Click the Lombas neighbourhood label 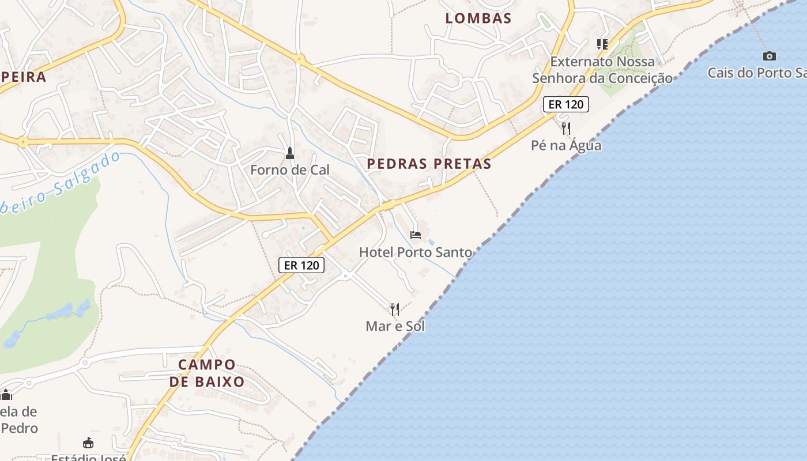pyautogui.click(x=478, y=18)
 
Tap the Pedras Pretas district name pyautogui.click(x=429, y=164)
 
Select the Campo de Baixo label pyautogui.click(x=207, y=373)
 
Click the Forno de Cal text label pyautogui.click(x=290, y=170)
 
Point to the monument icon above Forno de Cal pyautogui.click(x=290, y=153)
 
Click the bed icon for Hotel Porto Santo pyautogui.click(x=416, y=235)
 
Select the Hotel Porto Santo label pyautogui.click(x=415, y=252)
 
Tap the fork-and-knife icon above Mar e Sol pyautogui.click(x=395, y=309)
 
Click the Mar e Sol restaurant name pyautogui.click(x=395, y=326)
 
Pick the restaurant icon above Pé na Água pyautogui.click(x=566, y=128)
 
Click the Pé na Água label pyautogui.click(x=566, y=145)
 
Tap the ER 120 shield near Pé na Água pyautogui.click(x=566, y=104)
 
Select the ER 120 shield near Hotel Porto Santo pyautogui.click(x=301, y=265)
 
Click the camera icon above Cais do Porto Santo pyautogui.click(x=769, y=56)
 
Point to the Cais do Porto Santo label pyautogui.click(x=757, y=73)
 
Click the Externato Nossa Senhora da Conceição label pyautogui.click(x=602, y=70)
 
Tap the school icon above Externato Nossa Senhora pyautogui.click(x=602, y=44)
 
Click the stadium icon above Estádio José pyautogui.click(x=88, y=443)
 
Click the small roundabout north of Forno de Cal pyautogui.click(x=299, y=58)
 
